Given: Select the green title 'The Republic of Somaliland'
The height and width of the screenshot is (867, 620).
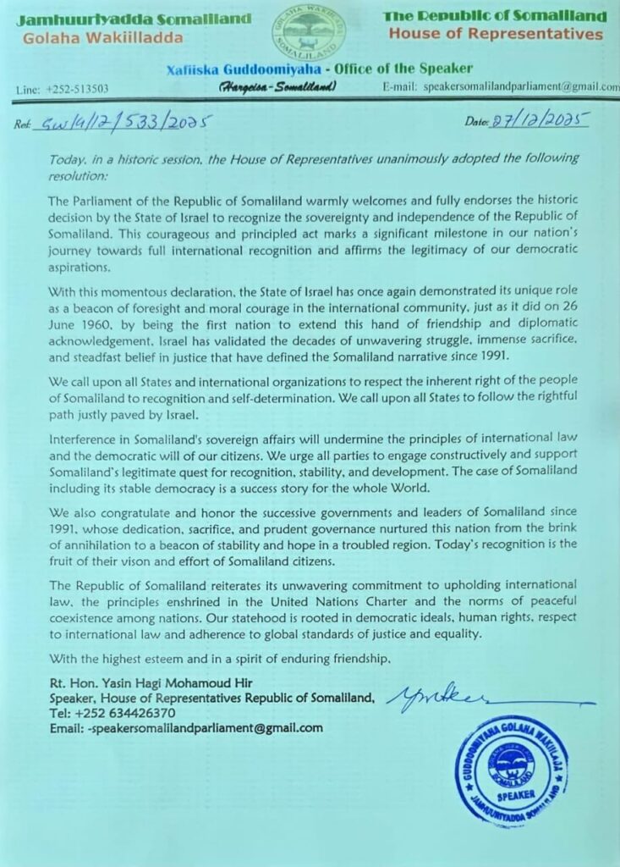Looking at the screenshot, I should [x=495, y=16].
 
